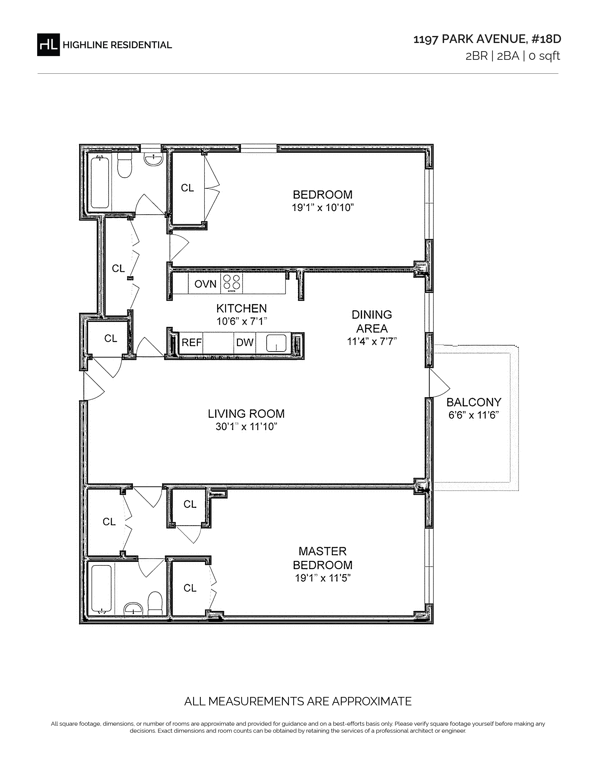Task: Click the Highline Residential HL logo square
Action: (48, 44)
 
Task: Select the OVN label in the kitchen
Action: (205, 284)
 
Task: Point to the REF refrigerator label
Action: (192, 342)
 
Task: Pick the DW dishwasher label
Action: (245, 342)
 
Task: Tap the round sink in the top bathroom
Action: (153, 159)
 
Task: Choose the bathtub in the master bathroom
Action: (102, 589)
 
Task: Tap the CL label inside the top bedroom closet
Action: (187, 188)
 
